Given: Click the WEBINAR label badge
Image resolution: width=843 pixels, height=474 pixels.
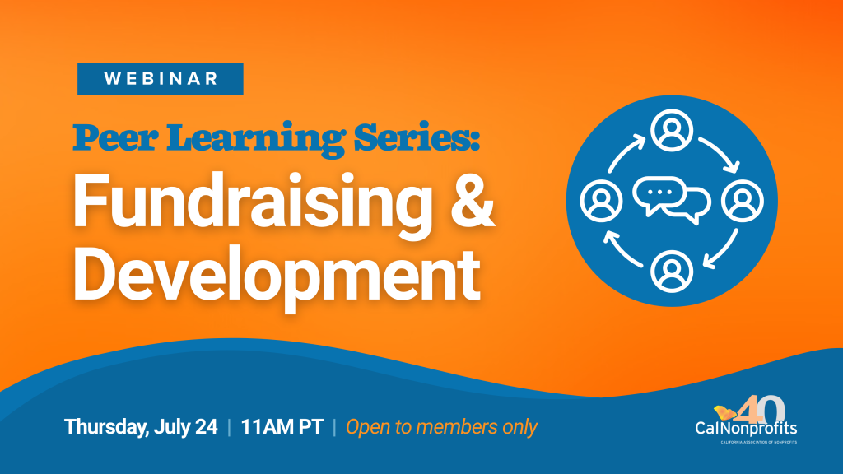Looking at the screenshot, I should pos(161,79).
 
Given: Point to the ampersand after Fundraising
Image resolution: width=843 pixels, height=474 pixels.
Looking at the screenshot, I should pos(471,204).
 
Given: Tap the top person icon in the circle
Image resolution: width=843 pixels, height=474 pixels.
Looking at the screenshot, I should pos(672,132).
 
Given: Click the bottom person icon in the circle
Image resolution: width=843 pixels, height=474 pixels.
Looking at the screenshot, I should pos(672,271).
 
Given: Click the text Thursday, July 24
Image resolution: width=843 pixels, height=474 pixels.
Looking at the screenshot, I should pos(141,427).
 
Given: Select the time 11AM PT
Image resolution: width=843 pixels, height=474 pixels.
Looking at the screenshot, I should pos(282,427).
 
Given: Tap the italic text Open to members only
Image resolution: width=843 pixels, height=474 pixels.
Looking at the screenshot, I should pos(441,427).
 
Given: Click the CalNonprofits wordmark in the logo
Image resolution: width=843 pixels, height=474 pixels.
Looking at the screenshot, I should pos(746,429).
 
